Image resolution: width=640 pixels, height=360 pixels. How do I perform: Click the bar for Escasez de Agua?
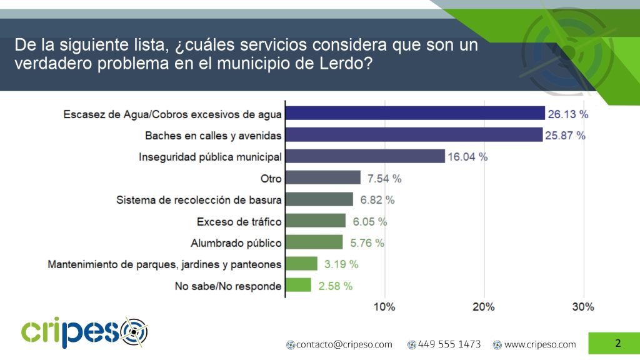coord(415,113)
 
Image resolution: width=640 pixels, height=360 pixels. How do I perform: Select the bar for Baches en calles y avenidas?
coord(414,134)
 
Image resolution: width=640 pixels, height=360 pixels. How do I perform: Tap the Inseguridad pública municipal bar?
coord(365,156)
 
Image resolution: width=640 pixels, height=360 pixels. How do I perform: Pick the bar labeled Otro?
coord(323,178)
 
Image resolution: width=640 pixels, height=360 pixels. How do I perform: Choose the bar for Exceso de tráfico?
coord(316,221)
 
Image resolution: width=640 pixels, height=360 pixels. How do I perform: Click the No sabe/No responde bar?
coord(298,285)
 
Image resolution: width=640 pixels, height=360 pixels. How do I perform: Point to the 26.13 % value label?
coord(568,114)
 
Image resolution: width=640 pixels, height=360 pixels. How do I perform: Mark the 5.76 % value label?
coord(365,243)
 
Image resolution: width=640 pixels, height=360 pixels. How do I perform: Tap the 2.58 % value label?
coord(334,286)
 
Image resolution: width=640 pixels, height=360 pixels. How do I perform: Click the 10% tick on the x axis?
coord(384,307)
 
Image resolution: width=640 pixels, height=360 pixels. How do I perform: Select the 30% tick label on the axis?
coord(583,307)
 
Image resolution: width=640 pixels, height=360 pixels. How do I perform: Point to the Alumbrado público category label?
coord(236,242)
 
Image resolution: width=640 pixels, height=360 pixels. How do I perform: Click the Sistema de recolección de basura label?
coord(199,200)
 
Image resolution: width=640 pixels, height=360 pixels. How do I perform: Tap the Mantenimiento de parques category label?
coord(164,264)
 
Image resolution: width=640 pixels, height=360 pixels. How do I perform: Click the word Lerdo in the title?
coord(341,64)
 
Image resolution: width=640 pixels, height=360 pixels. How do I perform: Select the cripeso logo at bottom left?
coord(84,332)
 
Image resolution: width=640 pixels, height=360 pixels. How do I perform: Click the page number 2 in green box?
coord(617,343)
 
